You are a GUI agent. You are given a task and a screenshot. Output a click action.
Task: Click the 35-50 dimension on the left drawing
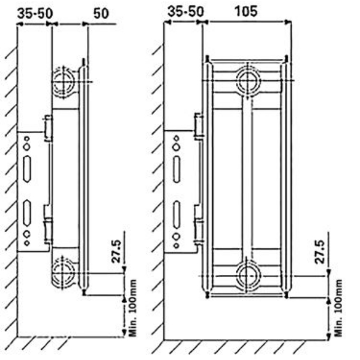(35, 13)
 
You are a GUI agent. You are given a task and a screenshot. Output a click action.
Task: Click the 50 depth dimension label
(101, 14)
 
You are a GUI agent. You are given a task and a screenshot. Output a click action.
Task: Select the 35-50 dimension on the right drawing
(185, 11)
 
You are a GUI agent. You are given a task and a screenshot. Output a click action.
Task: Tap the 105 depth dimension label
(245, 11)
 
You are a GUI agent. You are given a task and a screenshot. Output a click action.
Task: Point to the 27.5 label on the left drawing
(116, 251)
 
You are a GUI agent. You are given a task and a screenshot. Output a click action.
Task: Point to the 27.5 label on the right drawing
(320, 252)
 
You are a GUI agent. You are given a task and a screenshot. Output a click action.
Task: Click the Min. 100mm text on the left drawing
(133, 308)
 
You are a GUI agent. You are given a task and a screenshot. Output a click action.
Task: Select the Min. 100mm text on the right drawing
(338, 308)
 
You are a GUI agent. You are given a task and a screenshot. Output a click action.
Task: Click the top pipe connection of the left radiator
(64, 82)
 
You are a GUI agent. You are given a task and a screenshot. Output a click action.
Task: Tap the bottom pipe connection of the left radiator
(62, 273)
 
